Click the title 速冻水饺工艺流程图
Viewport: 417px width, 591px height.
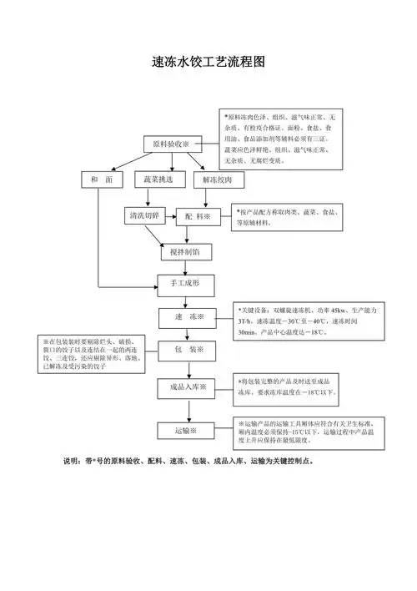point(208,63)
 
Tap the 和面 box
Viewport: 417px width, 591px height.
point(102,179)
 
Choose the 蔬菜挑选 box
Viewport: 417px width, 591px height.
point(158,179)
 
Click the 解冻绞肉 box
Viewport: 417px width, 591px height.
point(218,179)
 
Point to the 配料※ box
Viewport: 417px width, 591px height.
point(198,217)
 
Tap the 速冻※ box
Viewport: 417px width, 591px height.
point(188,317)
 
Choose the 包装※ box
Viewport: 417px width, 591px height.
point(188,350)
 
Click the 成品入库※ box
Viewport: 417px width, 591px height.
point(188,387)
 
